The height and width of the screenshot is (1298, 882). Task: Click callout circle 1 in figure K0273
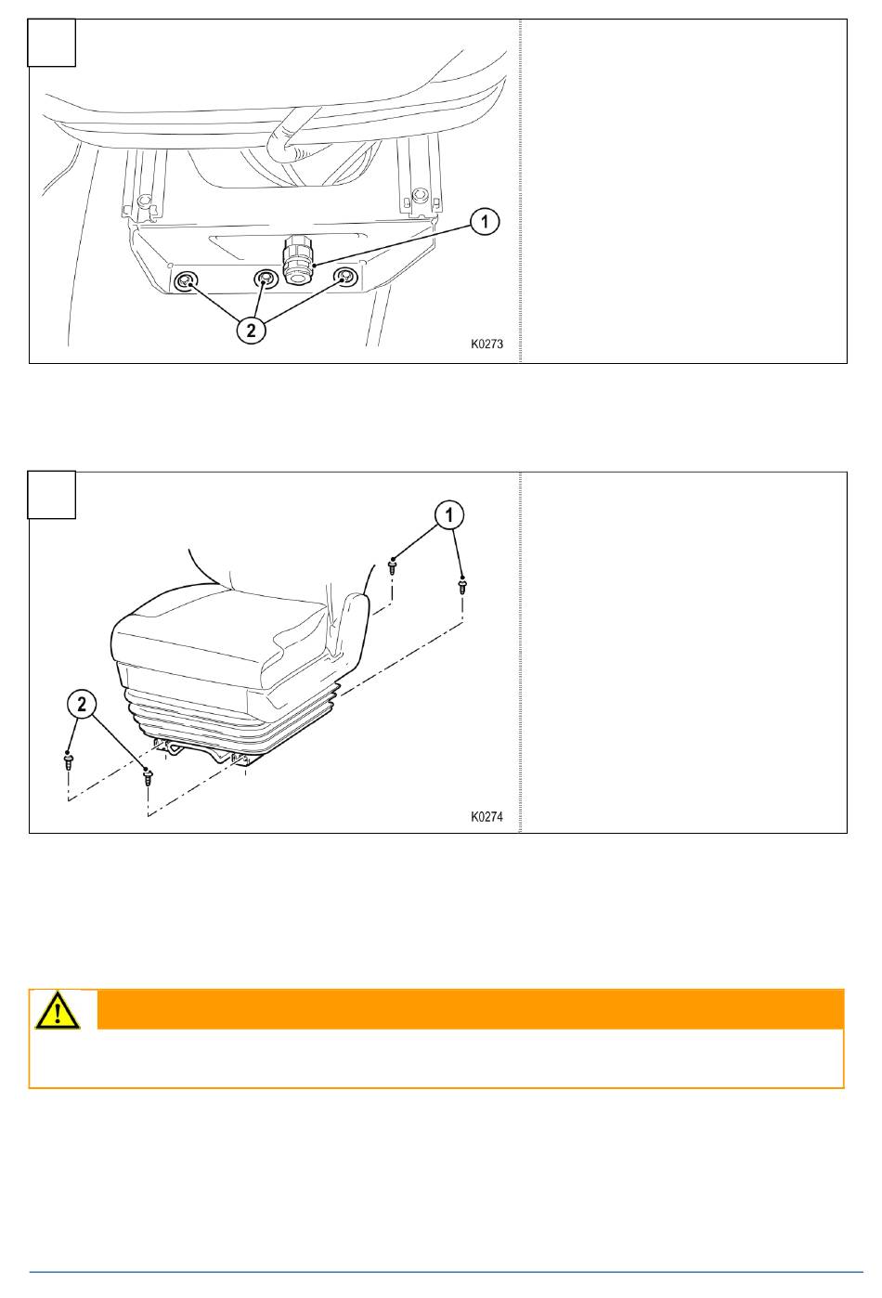coord(485,221)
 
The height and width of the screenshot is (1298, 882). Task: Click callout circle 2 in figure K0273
coord(251,331)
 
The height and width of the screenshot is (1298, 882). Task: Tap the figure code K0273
coord(486,344)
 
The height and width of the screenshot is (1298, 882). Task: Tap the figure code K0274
coord(486,816)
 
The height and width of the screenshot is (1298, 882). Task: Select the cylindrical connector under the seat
coord(298,260)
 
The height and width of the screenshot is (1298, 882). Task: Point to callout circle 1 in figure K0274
coord(449,514)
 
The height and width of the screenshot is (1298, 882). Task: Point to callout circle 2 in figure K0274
coord(82,704)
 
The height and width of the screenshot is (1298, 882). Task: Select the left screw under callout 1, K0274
coord(393,565)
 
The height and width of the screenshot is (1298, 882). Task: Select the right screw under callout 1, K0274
coord(461,585)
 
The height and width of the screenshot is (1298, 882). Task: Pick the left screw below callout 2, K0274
coord(69,760)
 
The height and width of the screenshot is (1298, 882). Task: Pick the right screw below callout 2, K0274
coord(148,776)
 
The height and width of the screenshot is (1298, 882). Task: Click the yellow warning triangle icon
coord(58,1012)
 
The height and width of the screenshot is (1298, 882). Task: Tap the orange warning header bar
coord(471,1009)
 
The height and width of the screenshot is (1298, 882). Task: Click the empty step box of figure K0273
coord(52,43)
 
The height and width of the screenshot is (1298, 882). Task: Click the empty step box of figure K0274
coord(52,495)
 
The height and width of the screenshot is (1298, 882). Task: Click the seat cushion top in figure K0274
coord(220,629)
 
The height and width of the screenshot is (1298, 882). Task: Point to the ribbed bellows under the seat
coord(232,719)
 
